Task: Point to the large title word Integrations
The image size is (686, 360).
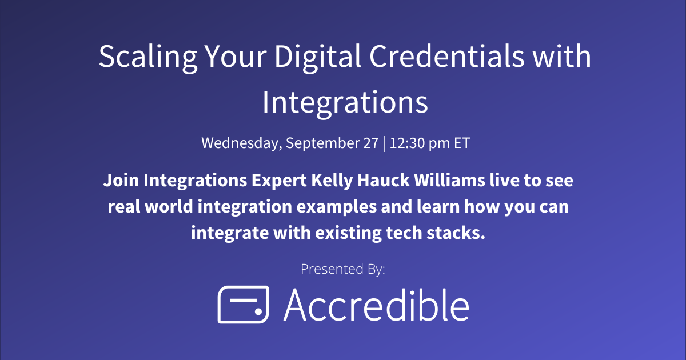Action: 345,103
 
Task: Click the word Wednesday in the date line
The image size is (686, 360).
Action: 240,143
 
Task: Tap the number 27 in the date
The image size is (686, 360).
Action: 370,143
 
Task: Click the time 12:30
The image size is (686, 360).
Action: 406,143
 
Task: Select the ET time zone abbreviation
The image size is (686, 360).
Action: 461,143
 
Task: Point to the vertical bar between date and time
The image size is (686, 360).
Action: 385,143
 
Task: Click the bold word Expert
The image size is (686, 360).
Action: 278,182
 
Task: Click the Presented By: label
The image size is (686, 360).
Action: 342,269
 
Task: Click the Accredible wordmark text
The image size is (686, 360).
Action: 376,305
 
